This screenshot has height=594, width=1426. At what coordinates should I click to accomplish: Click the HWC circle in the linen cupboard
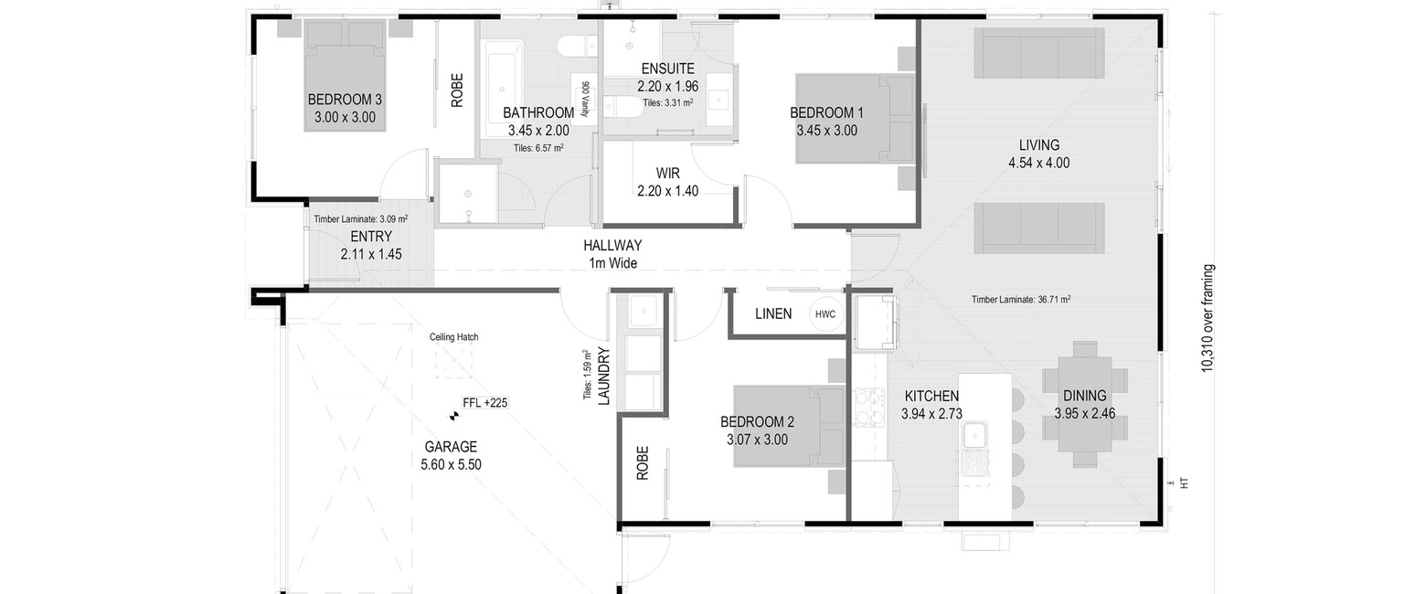point(825,313)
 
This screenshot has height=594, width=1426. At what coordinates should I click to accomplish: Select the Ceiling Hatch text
point(454,337)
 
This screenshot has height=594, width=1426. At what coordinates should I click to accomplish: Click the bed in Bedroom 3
point(345,76)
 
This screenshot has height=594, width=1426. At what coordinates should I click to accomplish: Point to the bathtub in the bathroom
point(504,89)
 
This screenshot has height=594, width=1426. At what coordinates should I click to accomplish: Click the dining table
point(1085,404)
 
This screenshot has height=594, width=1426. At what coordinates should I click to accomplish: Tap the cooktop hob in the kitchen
point(869,408)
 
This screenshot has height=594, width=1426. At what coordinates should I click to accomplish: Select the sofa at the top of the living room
point(1039,53)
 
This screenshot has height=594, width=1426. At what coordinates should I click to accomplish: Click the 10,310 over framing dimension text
point(1208,318)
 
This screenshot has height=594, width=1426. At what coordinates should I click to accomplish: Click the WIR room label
point(668,173)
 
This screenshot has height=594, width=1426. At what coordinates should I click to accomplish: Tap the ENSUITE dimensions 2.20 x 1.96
point(668,87)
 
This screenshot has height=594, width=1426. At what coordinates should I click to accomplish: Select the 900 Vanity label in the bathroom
point(585,99)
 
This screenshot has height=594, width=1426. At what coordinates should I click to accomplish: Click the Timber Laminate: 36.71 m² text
point(1021,299)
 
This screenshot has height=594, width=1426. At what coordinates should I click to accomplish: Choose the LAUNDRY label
point(605,377)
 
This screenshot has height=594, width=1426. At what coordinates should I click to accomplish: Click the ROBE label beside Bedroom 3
point(457,90)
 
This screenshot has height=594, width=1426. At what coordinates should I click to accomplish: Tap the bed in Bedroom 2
point(790,426)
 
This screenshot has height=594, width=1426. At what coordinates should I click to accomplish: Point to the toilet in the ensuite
point(622,106)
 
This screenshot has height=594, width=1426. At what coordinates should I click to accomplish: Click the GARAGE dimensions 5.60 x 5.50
point(451,465)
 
